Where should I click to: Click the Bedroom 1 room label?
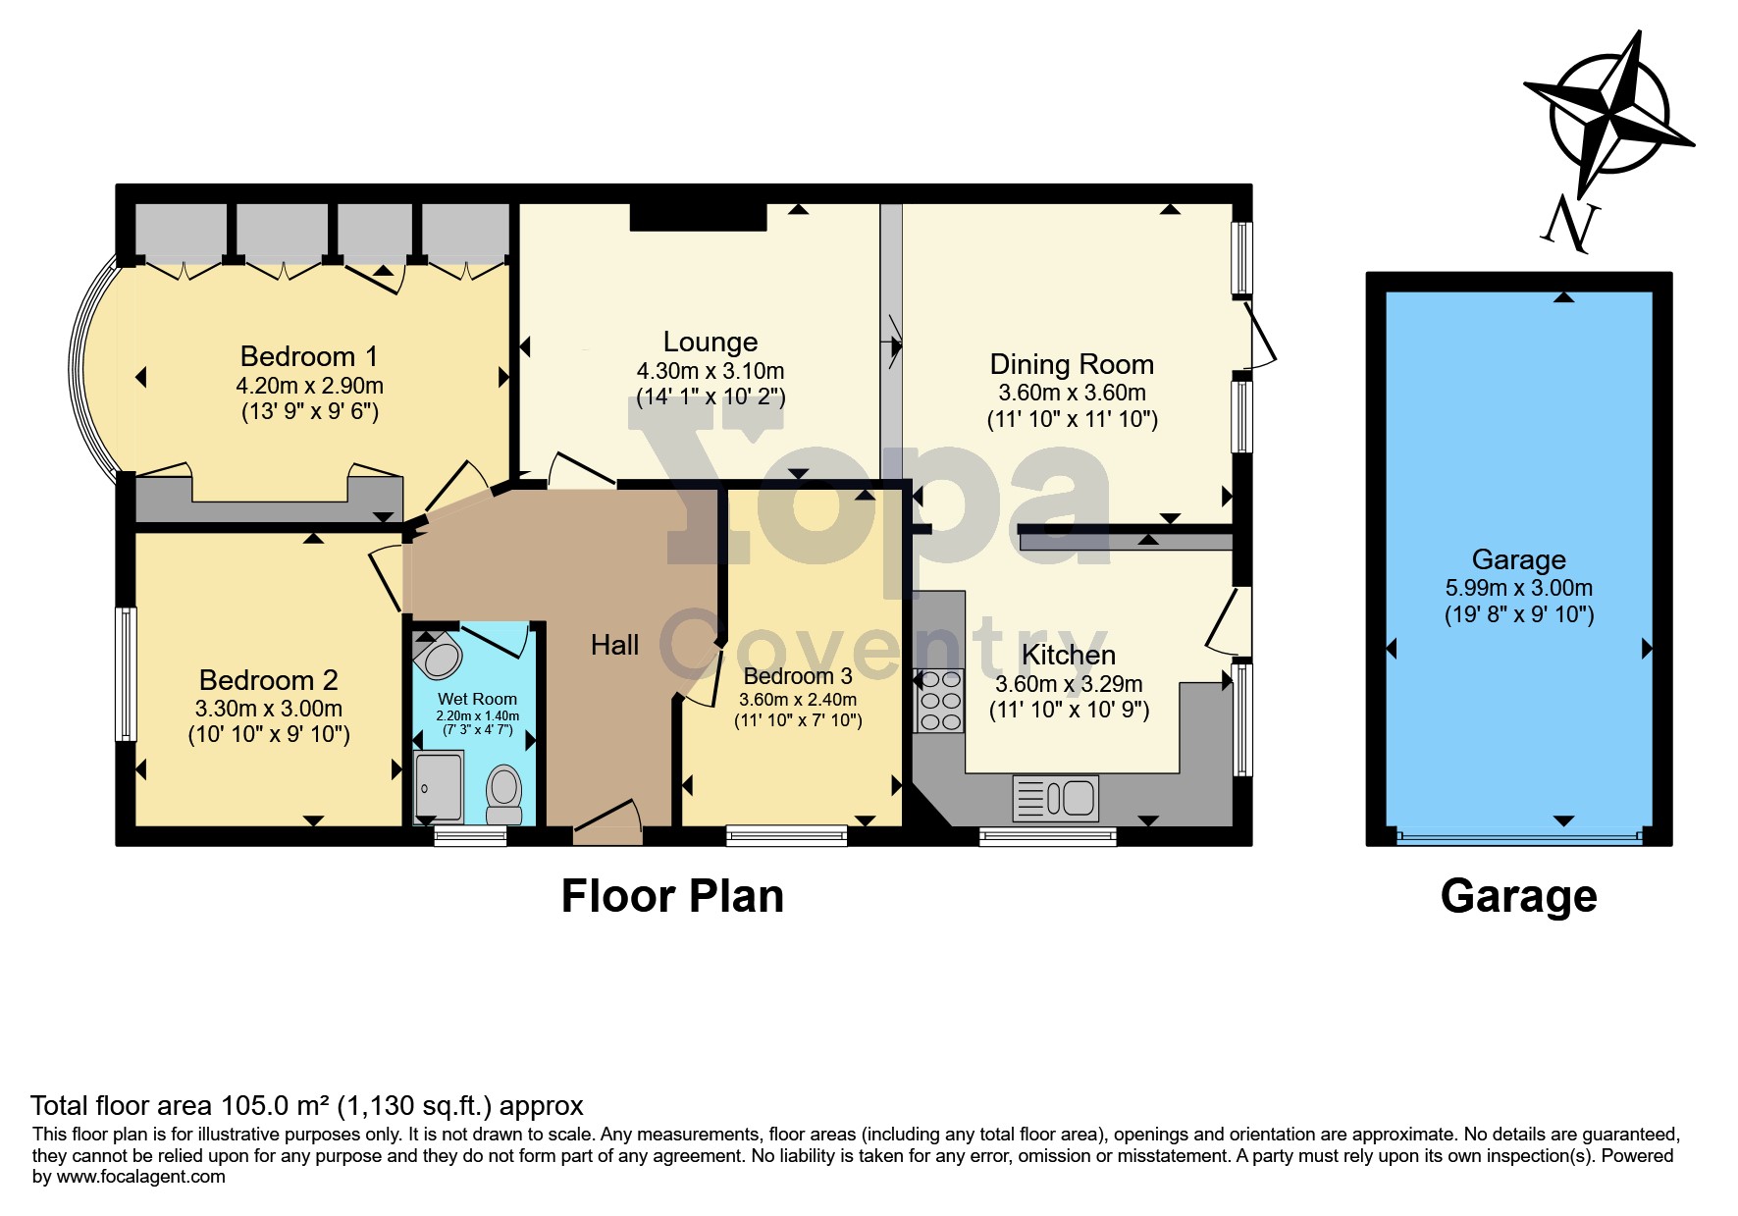point(309,356)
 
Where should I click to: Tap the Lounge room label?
point(711,342)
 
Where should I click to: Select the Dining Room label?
point(1072,364)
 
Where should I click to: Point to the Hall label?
point(615,645)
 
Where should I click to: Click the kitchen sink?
point(1056,798)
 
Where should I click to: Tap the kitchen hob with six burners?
point(939,700)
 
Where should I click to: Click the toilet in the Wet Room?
point(504,794)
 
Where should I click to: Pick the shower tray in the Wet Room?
point(439,786)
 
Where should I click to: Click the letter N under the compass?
point(1568,223)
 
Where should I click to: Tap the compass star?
point(1609,114)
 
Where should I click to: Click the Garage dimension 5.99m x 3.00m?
point(1519,588)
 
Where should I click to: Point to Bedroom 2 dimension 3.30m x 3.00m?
point(269,709)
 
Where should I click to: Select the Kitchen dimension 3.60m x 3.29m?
point(1069,684)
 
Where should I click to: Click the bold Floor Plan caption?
point(672,896)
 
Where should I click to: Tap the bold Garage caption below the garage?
point(1519,896)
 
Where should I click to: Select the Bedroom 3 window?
point(787,836)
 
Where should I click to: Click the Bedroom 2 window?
point(126,674)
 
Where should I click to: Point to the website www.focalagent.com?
point(141,1177)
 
